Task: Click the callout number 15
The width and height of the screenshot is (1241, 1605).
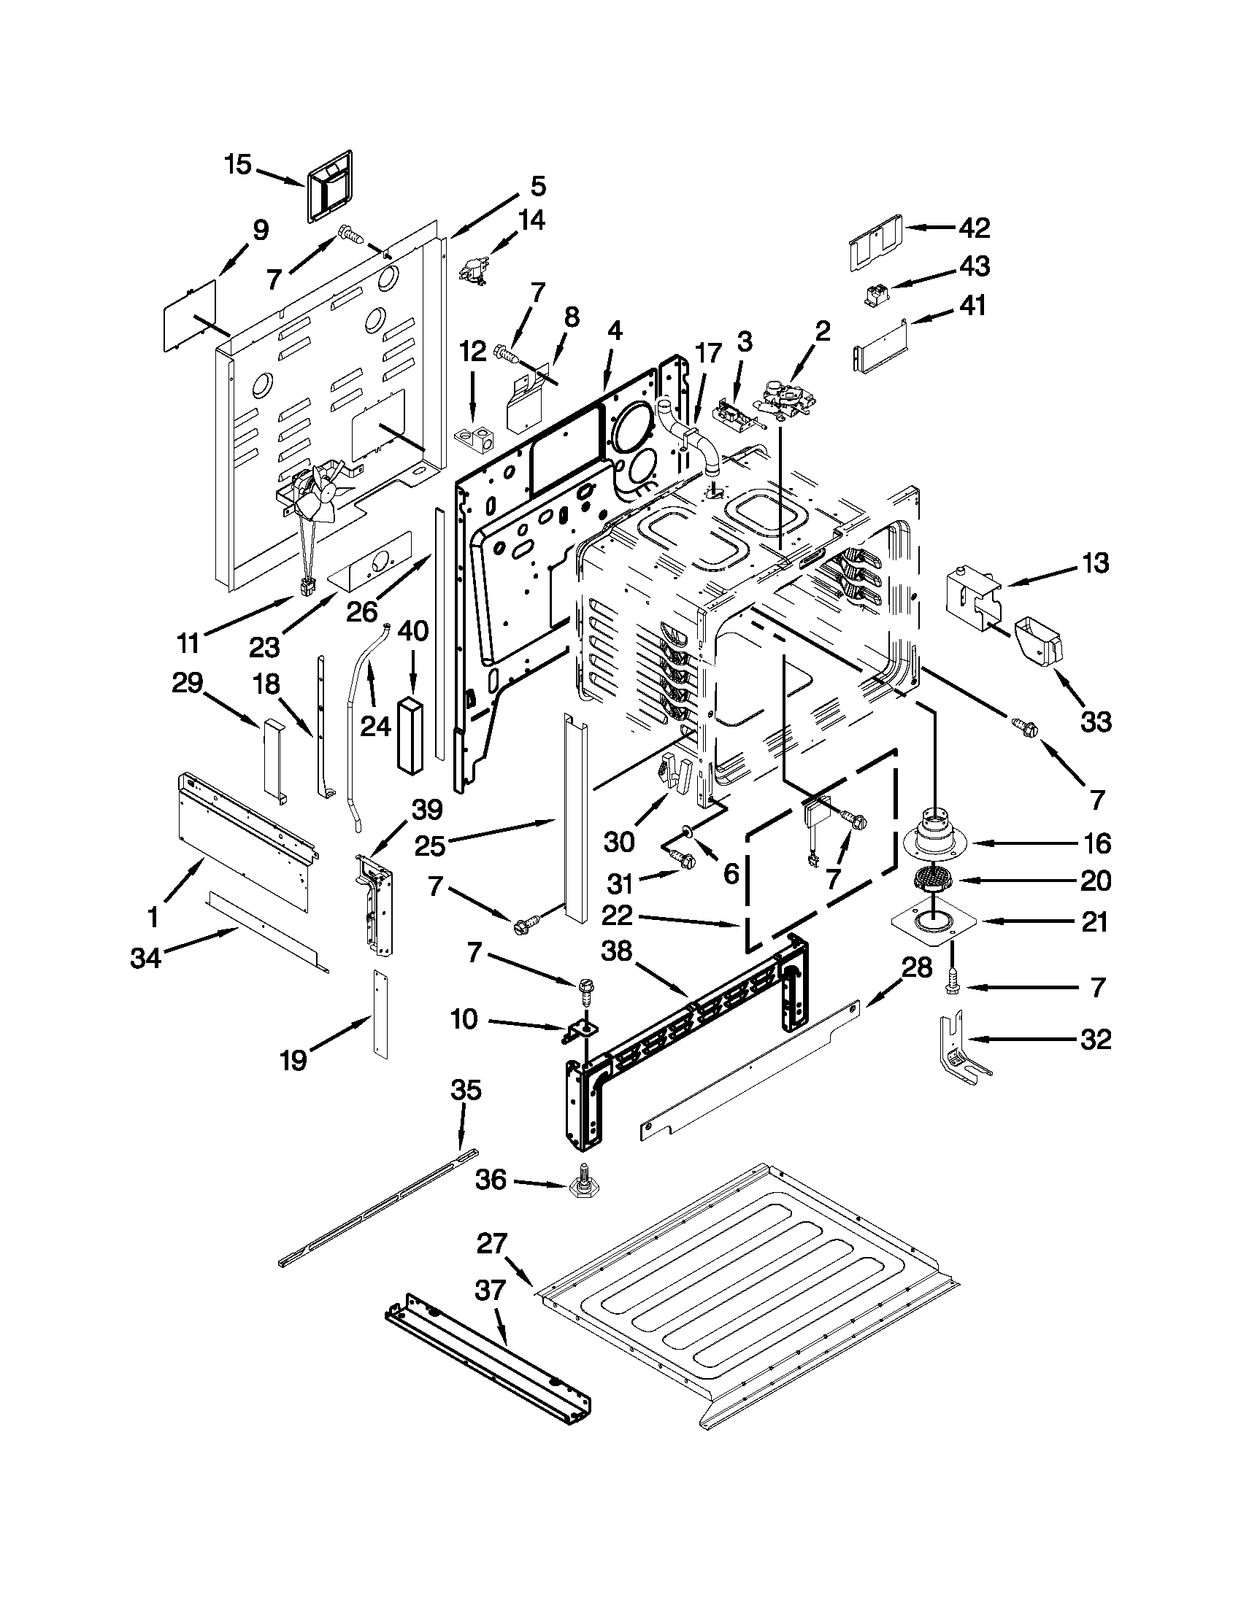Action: pyautogui.click(x=238, y=165)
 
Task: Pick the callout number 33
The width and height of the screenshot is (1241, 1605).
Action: pyautogui.click(x=1096, y=722)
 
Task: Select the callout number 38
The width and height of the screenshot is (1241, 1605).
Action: pyautogui.click(x=616, y=951)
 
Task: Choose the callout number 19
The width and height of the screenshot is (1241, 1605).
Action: pyautogui.click(x=293, y=1060)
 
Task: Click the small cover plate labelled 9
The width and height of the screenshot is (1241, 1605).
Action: pyautogui.click(x=190, y=314)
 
